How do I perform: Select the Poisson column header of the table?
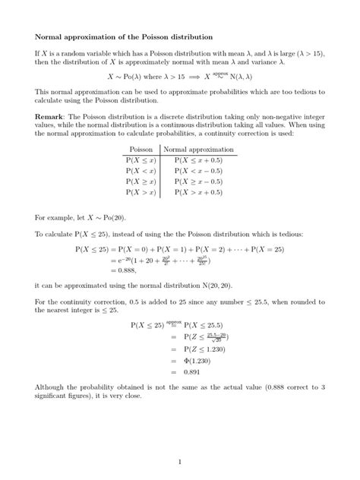pos(141,150)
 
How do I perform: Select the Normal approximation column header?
pos(200,150)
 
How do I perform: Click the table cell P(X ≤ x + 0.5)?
pos(200,161)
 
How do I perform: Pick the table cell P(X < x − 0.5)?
pos(200,172)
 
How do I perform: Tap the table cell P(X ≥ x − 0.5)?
pos(200,182)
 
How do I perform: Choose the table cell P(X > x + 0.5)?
pos(200,194)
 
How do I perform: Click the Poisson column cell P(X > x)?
pos(141,194)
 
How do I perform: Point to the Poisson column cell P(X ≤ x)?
pos(141,161)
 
